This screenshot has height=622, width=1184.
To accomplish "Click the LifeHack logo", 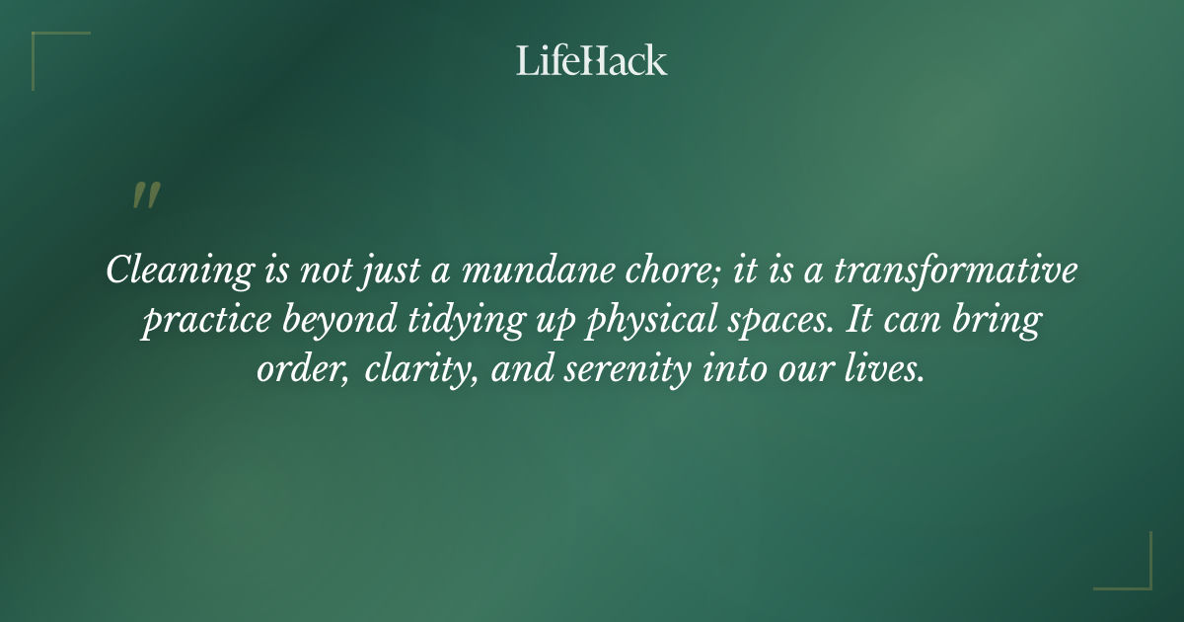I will (592, 60).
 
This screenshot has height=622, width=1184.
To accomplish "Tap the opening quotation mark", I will (145, 195).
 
